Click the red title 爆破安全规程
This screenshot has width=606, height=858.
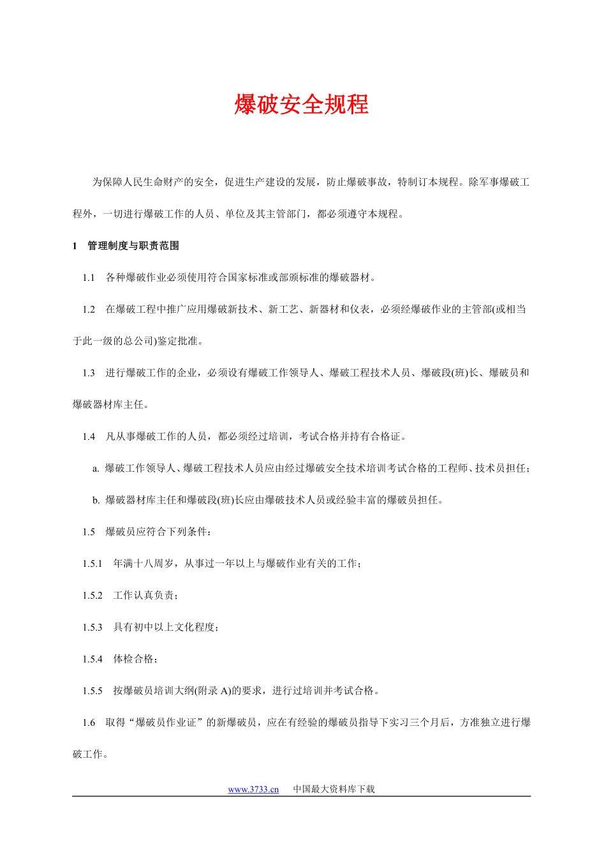301,105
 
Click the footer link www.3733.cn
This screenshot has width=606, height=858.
253,790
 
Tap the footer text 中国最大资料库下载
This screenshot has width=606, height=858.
334,789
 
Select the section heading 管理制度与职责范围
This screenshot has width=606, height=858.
133,246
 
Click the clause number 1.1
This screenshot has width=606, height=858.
88,278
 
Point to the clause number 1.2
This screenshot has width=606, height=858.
88,310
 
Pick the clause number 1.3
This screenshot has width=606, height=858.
88,373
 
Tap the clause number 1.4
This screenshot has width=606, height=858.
88,437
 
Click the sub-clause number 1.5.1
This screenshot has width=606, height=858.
92,564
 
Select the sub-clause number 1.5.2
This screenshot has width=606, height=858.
92,596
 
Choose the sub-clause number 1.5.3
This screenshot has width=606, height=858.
92,628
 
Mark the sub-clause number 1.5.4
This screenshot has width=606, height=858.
92,659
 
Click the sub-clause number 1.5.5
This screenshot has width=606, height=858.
92,691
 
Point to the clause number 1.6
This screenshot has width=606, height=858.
88,723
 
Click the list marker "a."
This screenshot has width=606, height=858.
96,469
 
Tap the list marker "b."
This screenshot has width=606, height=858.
96,500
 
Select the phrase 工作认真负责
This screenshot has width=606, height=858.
144,596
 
